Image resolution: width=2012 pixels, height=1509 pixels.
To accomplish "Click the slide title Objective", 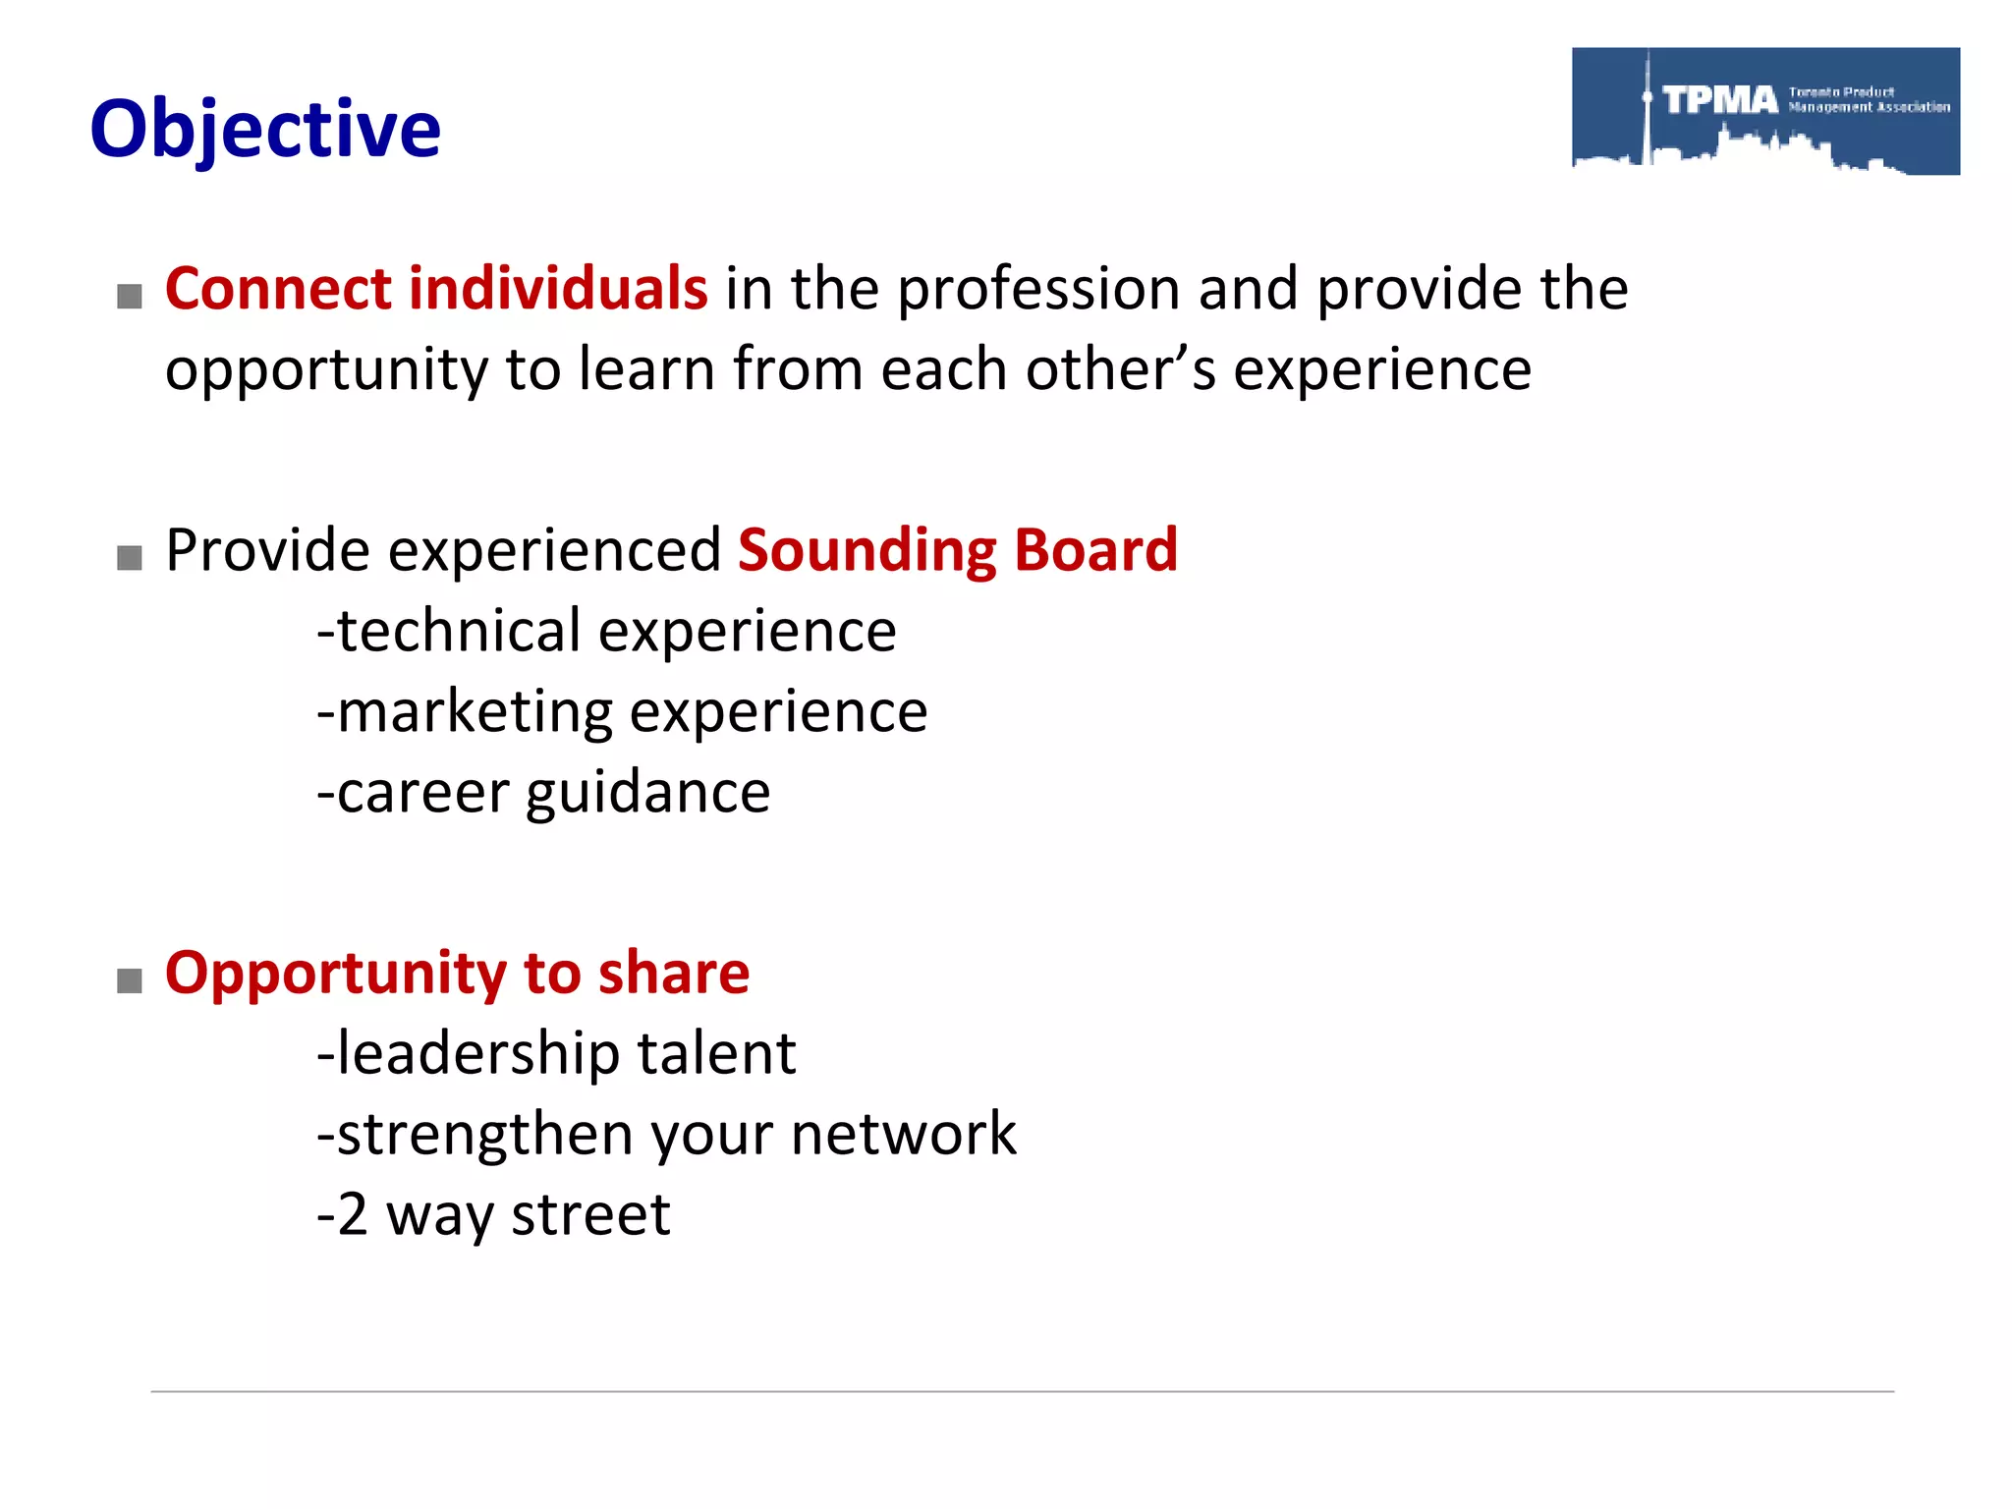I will pyautogui.click(x=265, y=130).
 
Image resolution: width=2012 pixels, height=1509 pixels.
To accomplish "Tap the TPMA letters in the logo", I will pyautogui.click(x=1720, y=99).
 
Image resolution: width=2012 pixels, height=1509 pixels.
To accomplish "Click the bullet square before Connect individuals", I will pyautogui.click(x=130, y=296).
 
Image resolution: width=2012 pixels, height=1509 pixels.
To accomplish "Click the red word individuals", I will pyautogui.click(x=557, y=289).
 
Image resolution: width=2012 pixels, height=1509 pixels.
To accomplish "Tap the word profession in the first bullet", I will pyautogui.click(x=1038, y=291).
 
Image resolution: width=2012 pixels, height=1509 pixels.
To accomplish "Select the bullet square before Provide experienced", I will pyautogui.click(x=130, y=558).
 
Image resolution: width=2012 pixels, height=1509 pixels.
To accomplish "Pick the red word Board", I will pyautogui.click(x=1095, y=549).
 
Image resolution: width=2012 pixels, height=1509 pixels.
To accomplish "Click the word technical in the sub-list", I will pyautogui.click(x=460, y=631).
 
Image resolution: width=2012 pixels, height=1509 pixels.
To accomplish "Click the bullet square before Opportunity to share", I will pyautogui.click(x=130, y=980).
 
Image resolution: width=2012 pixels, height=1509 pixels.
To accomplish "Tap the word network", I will pyautogui.click(x=904, y=1135).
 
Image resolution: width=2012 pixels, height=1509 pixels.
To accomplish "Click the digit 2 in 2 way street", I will pyautogui.click(x=353, y=1215).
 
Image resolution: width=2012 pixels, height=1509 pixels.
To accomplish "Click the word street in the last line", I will pyautogui.click(x=590, y=1215).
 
